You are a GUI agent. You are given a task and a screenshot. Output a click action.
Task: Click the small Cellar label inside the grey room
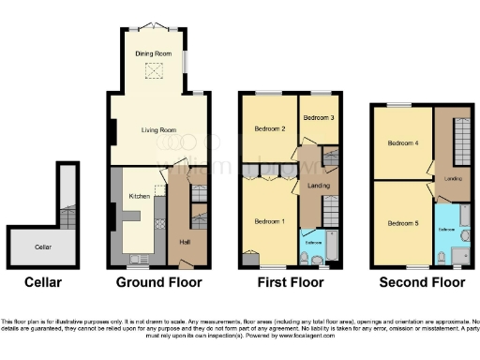point(42,247)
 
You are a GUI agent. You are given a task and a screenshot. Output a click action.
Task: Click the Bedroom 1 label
point(269,221)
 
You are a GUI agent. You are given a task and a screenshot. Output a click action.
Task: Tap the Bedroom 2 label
point(269,128)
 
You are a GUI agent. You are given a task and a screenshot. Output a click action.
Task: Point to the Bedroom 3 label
point(319,118)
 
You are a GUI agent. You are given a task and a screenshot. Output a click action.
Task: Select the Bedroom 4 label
point(403,143)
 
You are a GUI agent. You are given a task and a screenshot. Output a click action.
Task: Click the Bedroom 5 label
point(403,223)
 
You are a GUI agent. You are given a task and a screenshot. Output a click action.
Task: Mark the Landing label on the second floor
point(453,177)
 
